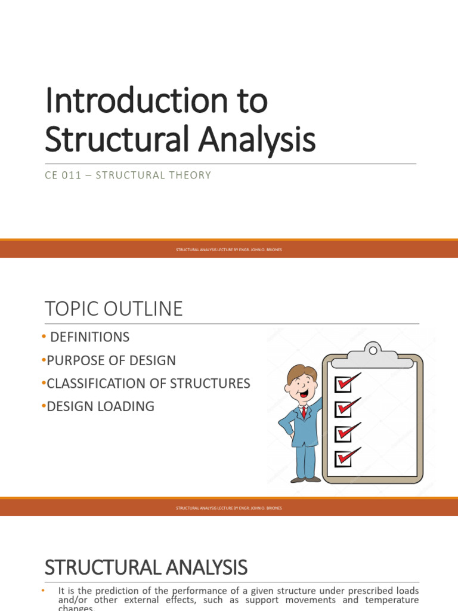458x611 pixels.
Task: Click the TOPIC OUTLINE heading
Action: (x=113, y=309)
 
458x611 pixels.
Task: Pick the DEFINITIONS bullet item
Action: (x=89, y=337)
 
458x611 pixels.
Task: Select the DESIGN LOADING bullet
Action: (x=100, y=406)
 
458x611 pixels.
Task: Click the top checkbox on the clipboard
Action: (x=345, y=384)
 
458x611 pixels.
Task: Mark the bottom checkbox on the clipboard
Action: (x=345, y=458)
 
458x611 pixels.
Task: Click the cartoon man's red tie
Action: (x=304, y=412)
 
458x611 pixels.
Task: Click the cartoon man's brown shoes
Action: (x=305, y=479)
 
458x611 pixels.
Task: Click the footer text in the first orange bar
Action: (x=229, y=250)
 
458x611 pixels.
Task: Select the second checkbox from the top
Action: (x=345, y=409)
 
